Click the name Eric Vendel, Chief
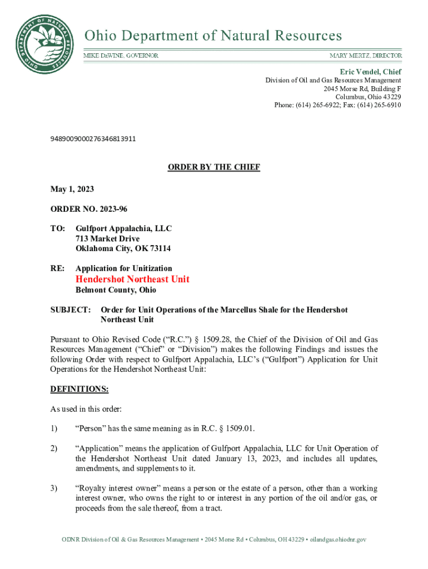coord(371,72)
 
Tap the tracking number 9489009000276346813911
coord(93,138)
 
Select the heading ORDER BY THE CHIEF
coord(214,167)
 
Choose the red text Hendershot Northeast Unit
coord(132,279)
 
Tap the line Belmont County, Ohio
coord(116,290)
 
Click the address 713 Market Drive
coord(108,239)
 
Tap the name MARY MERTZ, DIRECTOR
coord(366,56)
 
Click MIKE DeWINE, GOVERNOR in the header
coord(121,56)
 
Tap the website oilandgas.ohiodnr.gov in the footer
coord(335,540)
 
